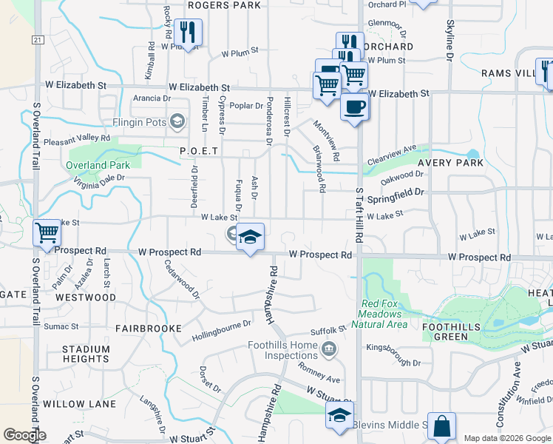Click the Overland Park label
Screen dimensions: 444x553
[x=98, y=165]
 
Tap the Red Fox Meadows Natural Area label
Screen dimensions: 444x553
[x=384, y=314]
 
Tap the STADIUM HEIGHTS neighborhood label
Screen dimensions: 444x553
[x=86, y=354]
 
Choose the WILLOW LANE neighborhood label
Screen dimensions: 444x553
[x=79, y=404]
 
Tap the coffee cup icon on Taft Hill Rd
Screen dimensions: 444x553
[x=354, y=107]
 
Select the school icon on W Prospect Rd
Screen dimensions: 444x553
[x=250, y=238]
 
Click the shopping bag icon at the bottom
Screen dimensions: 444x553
[x=441, y=426]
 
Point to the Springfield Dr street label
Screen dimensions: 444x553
[x=397, y=192]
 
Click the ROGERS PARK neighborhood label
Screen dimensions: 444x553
[x=225, y=5]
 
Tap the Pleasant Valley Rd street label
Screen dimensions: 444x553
[x=77, y=138]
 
